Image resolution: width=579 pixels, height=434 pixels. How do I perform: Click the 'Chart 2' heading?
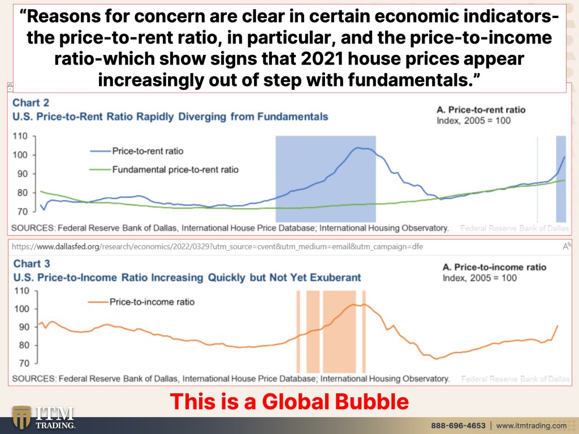pos(31,103)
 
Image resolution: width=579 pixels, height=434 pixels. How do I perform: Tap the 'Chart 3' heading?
pos(32,263)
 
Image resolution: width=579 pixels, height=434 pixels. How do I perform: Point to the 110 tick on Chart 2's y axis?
pos(20,136)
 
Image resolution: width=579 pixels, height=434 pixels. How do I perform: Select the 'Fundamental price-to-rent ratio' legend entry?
pos(165,170)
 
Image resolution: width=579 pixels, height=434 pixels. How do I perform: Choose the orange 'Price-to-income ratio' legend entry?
pos(141,302)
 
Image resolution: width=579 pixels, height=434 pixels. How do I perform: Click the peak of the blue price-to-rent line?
pos(357,148)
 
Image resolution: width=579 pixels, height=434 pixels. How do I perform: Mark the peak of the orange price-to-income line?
pos(353,305)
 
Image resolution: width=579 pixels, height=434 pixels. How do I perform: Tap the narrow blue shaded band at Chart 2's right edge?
pos(561,179)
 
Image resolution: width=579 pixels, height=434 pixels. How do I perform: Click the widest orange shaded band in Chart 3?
pos(339,331)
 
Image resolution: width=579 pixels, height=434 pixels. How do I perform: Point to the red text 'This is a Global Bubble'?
pos(289,401)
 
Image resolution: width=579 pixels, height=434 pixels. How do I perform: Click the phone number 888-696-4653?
pos(458,426)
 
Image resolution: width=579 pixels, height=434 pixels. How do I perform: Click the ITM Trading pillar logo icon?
pos(21,418)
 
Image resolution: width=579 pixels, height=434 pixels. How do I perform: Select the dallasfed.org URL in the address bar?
pos(217,246)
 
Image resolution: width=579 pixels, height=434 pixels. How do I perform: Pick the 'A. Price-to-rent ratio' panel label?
pos(481,110)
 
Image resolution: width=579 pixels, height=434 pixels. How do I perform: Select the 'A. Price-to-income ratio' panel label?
pos(494,267)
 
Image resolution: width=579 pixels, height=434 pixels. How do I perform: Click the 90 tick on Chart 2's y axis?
pos(22,174)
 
